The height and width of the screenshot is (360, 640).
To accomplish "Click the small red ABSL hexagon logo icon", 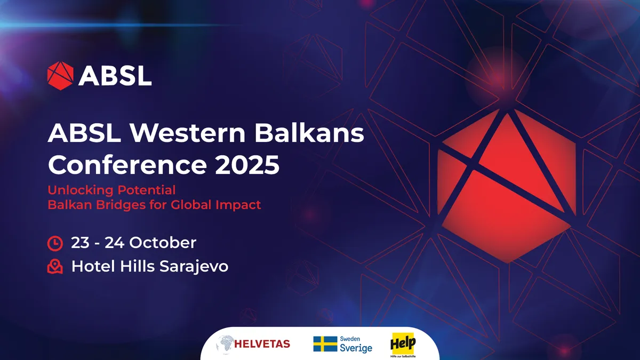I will tap(60, 75).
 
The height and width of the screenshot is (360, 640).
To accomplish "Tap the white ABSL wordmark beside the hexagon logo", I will tap(115, 76).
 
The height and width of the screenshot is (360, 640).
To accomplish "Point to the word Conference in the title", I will tap(123, 165).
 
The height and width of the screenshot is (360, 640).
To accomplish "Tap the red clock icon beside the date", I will tap(55, 243).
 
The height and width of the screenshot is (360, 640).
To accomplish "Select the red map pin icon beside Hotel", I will tap(55, 266).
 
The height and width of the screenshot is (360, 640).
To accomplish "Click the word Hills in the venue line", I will tap(136, 266).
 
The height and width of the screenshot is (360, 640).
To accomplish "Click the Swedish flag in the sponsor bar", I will tap(325, 344).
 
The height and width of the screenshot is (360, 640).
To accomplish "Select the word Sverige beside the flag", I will tap(356, 348).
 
